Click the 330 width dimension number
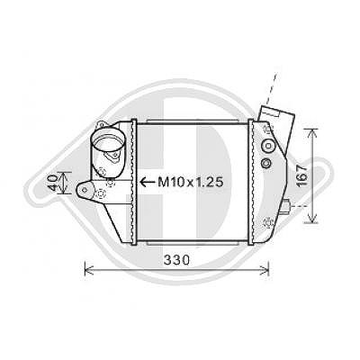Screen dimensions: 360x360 (176, 260)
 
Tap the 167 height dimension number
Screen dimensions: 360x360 (302, 175)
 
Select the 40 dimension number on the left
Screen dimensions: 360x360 (52, 183)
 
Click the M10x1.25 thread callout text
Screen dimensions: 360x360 (191, 182)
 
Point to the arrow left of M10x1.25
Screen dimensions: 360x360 (148, 182)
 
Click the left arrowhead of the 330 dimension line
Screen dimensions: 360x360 (88, 268)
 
